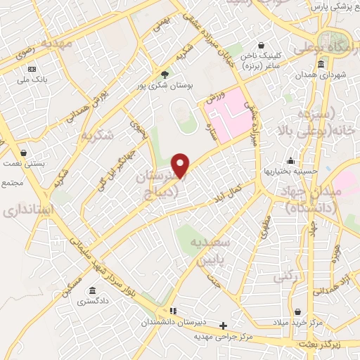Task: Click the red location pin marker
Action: coord(181,165)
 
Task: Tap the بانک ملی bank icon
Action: coord(32,69)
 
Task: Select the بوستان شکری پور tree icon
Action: coord(165,74)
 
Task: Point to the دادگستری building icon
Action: coord(92,290)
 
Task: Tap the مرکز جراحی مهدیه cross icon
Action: coord(224,326)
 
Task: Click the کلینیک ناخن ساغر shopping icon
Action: coord(262,44)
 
